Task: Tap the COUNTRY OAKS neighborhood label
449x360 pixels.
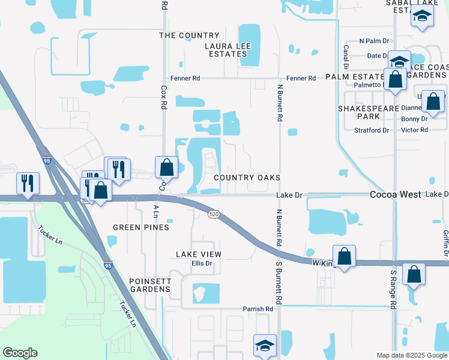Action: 247,178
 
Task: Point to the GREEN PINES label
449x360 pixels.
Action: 141,227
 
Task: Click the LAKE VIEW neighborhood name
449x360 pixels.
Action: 199,254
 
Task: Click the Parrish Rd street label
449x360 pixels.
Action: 258,309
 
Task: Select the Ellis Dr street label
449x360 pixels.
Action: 202,263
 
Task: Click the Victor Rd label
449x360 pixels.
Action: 414,130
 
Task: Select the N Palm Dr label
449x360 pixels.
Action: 374,41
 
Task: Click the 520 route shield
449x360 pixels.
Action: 212,214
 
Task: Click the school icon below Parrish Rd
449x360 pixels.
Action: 265,345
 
